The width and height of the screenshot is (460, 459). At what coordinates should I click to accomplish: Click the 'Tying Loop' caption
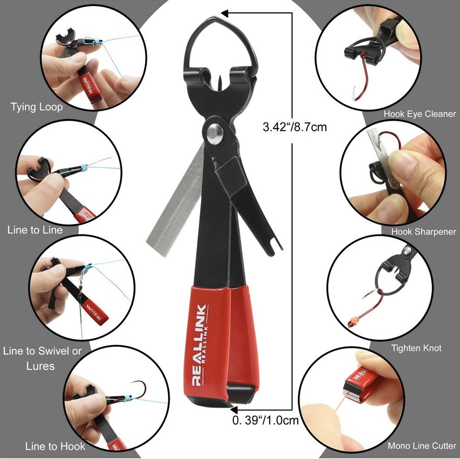37,107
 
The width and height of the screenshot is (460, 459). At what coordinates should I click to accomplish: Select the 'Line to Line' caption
35,230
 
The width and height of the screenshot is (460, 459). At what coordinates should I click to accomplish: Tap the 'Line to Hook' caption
55,447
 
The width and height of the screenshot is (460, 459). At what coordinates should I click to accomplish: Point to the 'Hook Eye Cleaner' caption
420,114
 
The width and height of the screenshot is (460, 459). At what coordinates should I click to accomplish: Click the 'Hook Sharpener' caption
424,231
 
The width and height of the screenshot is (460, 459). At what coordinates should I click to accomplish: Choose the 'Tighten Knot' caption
416,348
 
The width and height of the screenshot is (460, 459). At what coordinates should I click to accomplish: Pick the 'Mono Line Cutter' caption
422,446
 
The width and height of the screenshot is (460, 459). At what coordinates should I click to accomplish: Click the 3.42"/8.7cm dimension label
295,127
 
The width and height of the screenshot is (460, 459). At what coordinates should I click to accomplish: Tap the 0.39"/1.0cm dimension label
265,421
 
